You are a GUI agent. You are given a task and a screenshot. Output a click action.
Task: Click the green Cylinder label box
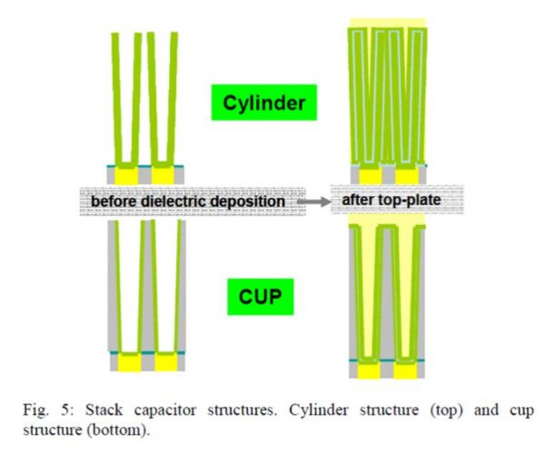263,104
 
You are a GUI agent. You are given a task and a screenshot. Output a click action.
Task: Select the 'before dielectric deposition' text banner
191,198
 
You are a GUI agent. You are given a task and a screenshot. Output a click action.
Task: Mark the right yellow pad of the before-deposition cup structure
165,361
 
